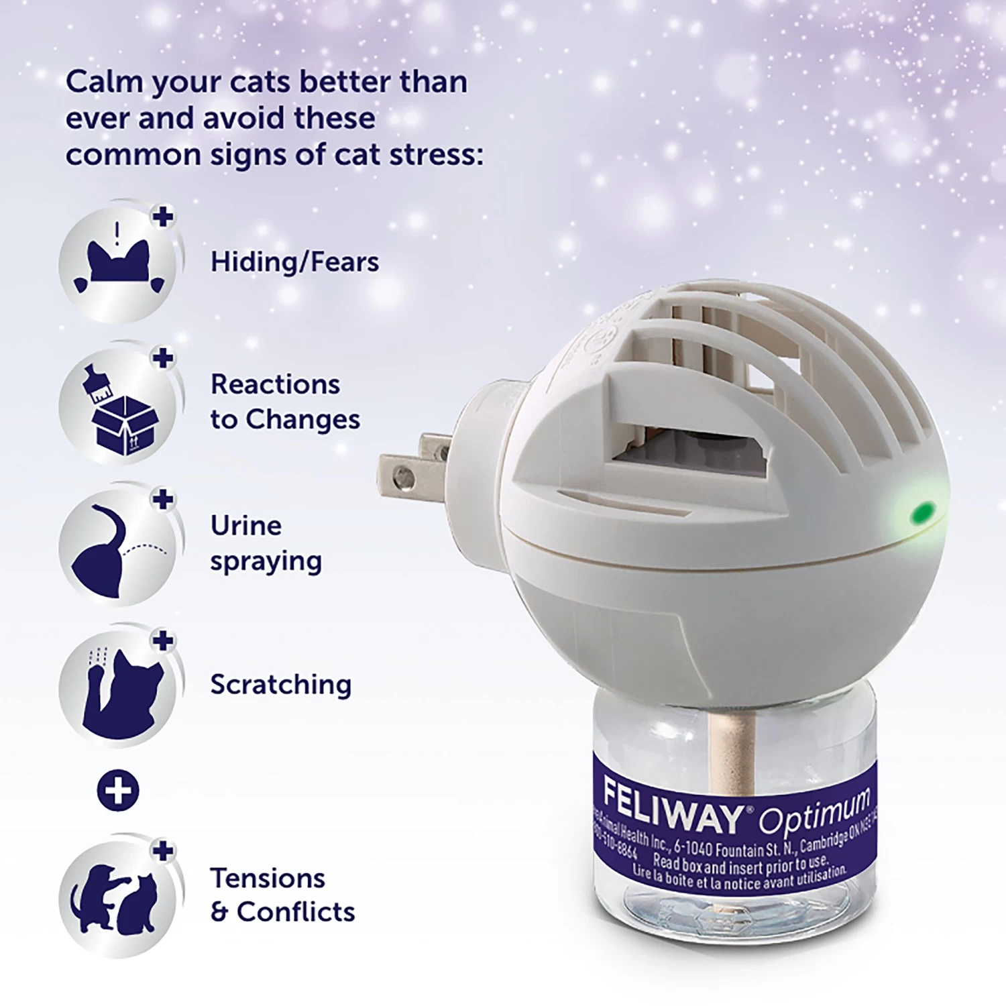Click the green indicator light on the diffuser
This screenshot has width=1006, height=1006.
(x=924, y=513)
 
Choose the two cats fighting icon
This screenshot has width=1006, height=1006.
(x=118, y=899)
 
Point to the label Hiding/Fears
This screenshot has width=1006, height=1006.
(x=294, y=262)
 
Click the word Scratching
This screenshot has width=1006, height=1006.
(x=280, y=685)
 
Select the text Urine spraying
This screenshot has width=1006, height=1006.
(x=266, y=543)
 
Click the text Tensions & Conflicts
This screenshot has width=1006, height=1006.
(x=282, y=895)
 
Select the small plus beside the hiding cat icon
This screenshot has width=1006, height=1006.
(x=163, y=217)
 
